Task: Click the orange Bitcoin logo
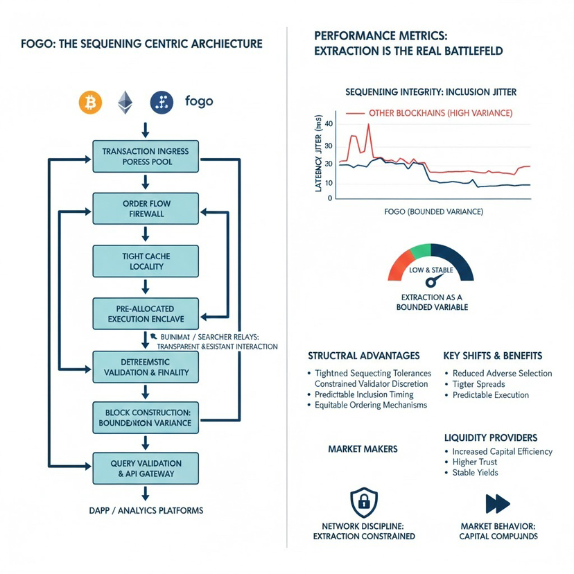click(90, 103)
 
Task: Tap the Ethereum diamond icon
click(125, 103)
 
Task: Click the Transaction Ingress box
click(146, 156)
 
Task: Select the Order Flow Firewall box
click(146, 209)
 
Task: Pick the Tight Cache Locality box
click(146, 261)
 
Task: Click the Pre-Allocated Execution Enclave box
click(146, 314)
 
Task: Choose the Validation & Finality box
click(146, 367)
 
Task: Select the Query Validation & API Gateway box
click(146, 468)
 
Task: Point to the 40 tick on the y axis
click(329, 124)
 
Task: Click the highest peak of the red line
click(368, 125)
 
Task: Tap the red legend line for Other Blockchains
click(354, 112)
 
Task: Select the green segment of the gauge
click(419, 250)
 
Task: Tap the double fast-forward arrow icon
click(498, 503)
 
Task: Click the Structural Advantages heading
click(363, 356)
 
